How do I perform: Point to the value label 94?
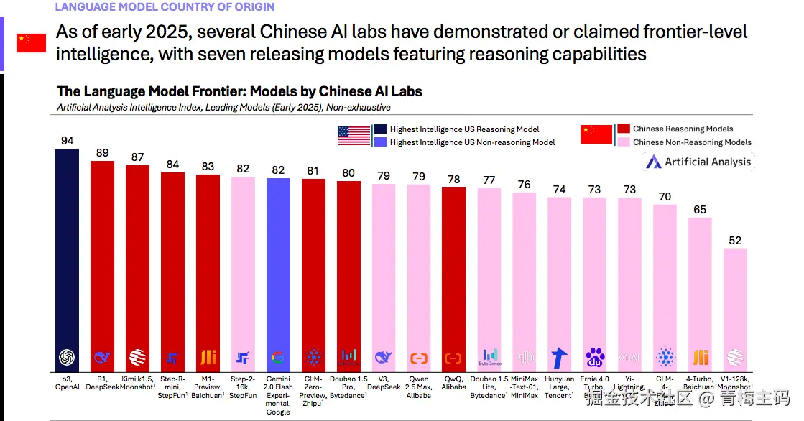click(68, 141)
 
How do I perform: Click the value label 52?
click(735, 241)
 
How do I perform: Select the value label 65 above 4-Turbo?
click(700, 210)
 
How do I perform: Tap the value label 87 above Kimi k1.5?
click(137, 157)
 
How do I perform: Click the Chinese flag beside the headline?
click(31, 43)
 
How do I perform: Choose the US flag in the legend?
click(354, 135)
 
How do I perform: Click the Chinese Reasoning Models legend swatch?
click(624, 129)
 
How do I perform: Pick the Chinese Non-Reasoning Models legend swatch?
click(624, 142)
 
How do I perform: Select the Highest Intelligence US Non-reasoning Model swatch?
click(381, 142)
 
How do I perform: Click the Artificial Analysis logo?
click(698, 162)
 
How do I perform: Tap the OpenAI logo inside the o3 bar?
click(68, 357)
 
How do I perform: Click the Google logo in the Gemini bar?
click(278, 357)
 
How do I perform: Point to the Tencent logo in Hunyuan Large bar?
click(559, 357)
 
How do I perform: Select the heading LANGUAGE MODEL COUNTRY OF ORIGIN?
click(165, 7)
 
